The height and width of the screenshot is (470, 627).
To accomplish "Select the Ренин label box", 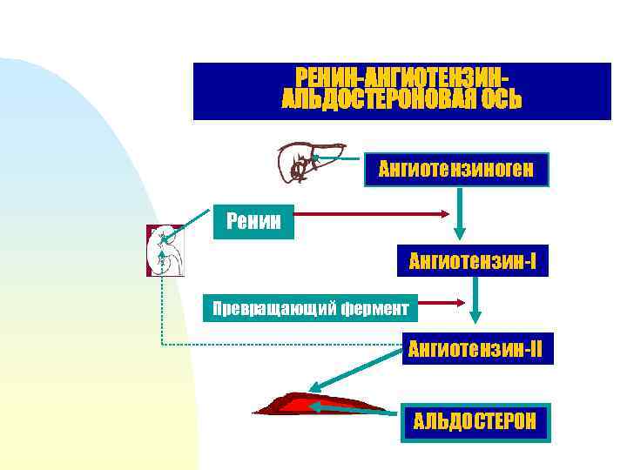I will tap(253, 221).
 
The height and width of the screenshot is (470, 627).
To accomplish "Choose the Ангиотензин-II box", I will tap(475, 349).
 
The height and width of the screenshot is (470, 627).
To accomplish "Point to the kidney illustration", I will tap(165, 251).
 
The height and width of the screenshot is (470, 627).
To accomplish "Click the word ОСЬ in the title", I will tap(499, 100).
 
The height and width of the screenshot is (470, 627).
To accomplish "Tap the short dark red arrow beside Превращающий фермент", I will tap(441, 303).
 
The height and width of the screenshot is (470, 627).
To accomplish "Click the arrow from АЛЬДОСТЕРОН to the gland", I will tap(353, 409).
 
